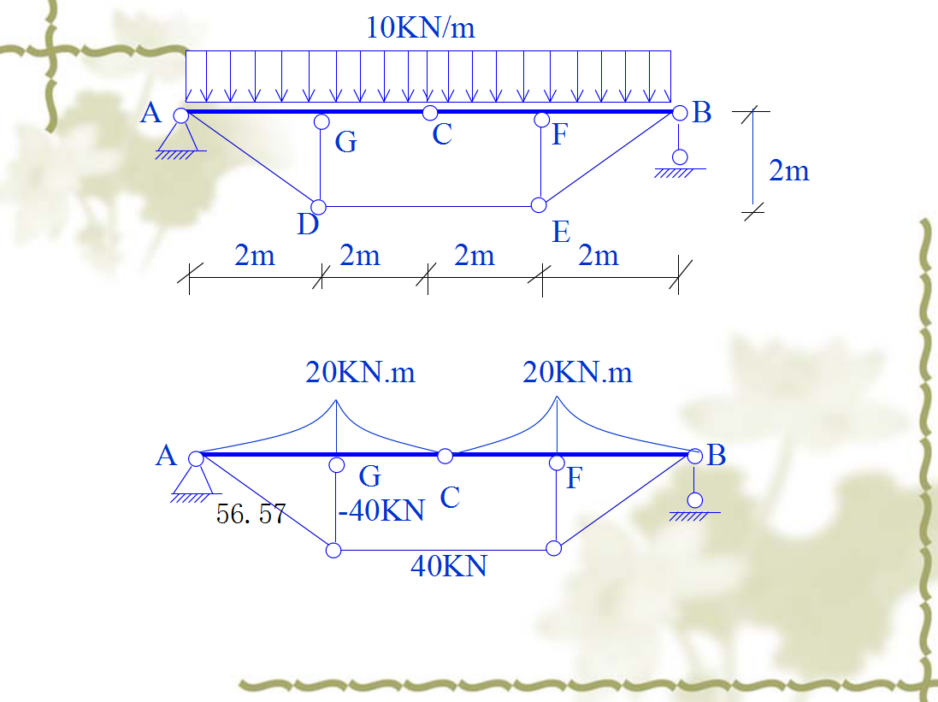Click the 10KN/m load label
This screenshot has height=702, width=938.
420,27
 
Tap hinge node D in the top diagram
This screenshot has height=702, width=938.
318,207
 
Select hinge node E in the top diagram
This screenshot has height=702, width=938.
539,205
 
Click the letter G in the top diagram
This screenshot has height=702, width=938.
345,142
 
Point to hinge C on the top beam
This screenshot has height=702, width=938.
430,113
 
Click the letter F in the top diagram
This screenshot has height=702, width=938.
559,135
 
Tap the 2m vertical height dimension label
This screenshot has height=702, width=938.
788,171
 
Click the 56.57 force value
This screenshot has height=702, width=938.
251,515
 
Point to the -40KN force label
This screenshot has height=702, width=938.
381,510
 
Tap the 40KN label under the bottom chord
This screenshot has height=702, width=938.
448,565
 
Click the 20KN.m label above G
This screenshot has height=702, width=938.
360,373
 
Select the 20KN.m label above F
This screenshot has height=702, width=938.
577,373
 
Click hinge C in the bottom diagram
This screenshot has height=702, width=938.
445,456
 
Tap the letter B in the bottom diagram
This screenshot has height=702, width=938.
716,456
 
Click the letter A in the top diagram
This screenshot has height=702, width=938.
151,112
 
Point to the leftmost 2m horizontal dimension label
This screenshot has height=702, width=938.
255,255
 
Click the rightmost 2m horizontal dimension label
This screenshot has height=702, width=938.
598,255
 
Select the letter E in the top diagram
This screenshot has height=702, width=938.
561,232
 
